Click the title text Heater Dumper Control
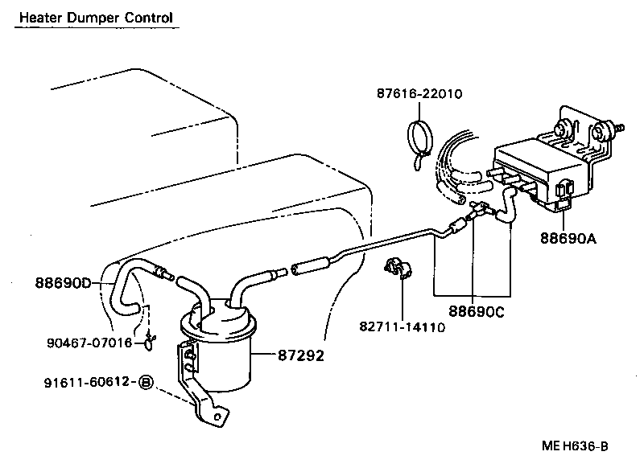[x=96, y=17]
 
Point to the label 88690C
[x=477, y=310]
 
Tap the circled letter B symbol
[x=146, y=382]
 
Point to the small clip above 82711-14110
[x=394, y=269]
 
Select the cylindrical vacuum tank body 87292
[x=218, y=354]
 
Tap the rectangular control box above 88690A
[x=535, y=173]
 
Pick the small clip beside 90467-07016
[x=148, y=344]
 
